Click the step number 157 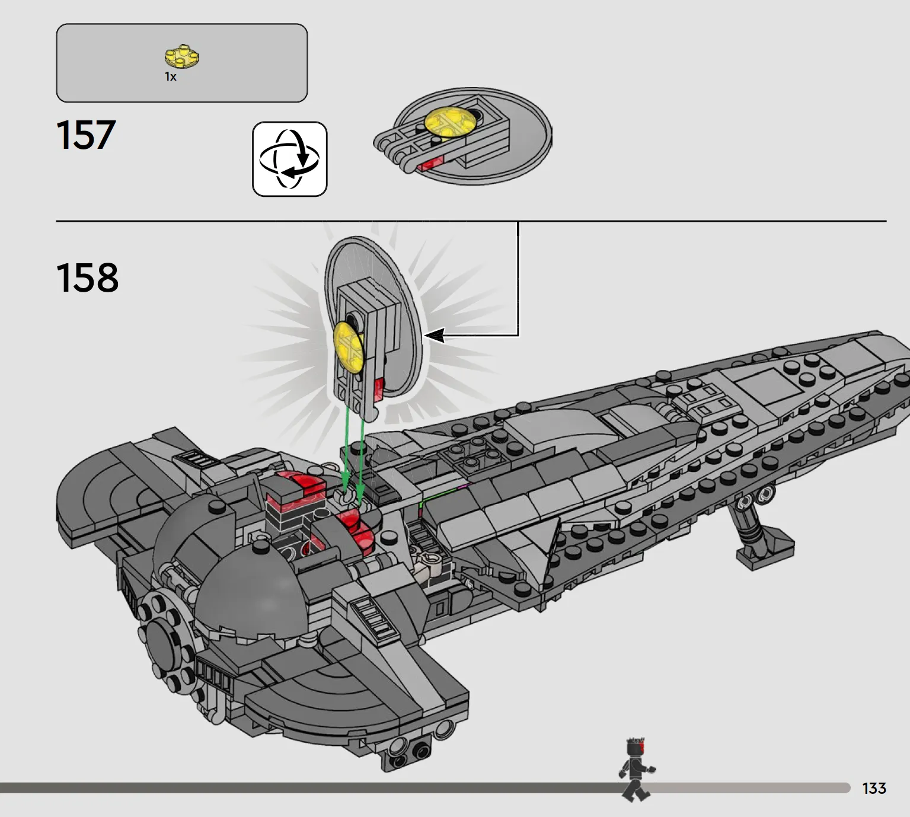tap(86, 135)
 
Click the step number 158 tap(88, 277)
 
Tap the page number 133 tap(874, 788)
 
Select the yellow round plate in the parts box tap(182, 57)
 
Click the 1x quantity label tap(170, 77)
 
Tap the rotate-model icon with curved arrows tap(290, 159)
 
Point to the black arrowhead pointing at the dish tap(435, 335)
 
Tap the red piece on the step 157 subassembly tap(431, 164)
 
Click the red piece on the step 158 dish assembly tap(379, 389)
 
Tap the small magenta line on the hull tap(462, 486)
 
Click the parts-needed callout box tap(182, 63)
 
